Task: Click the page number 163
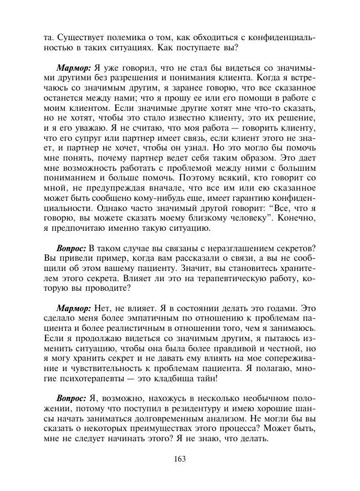click(180, 459)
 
